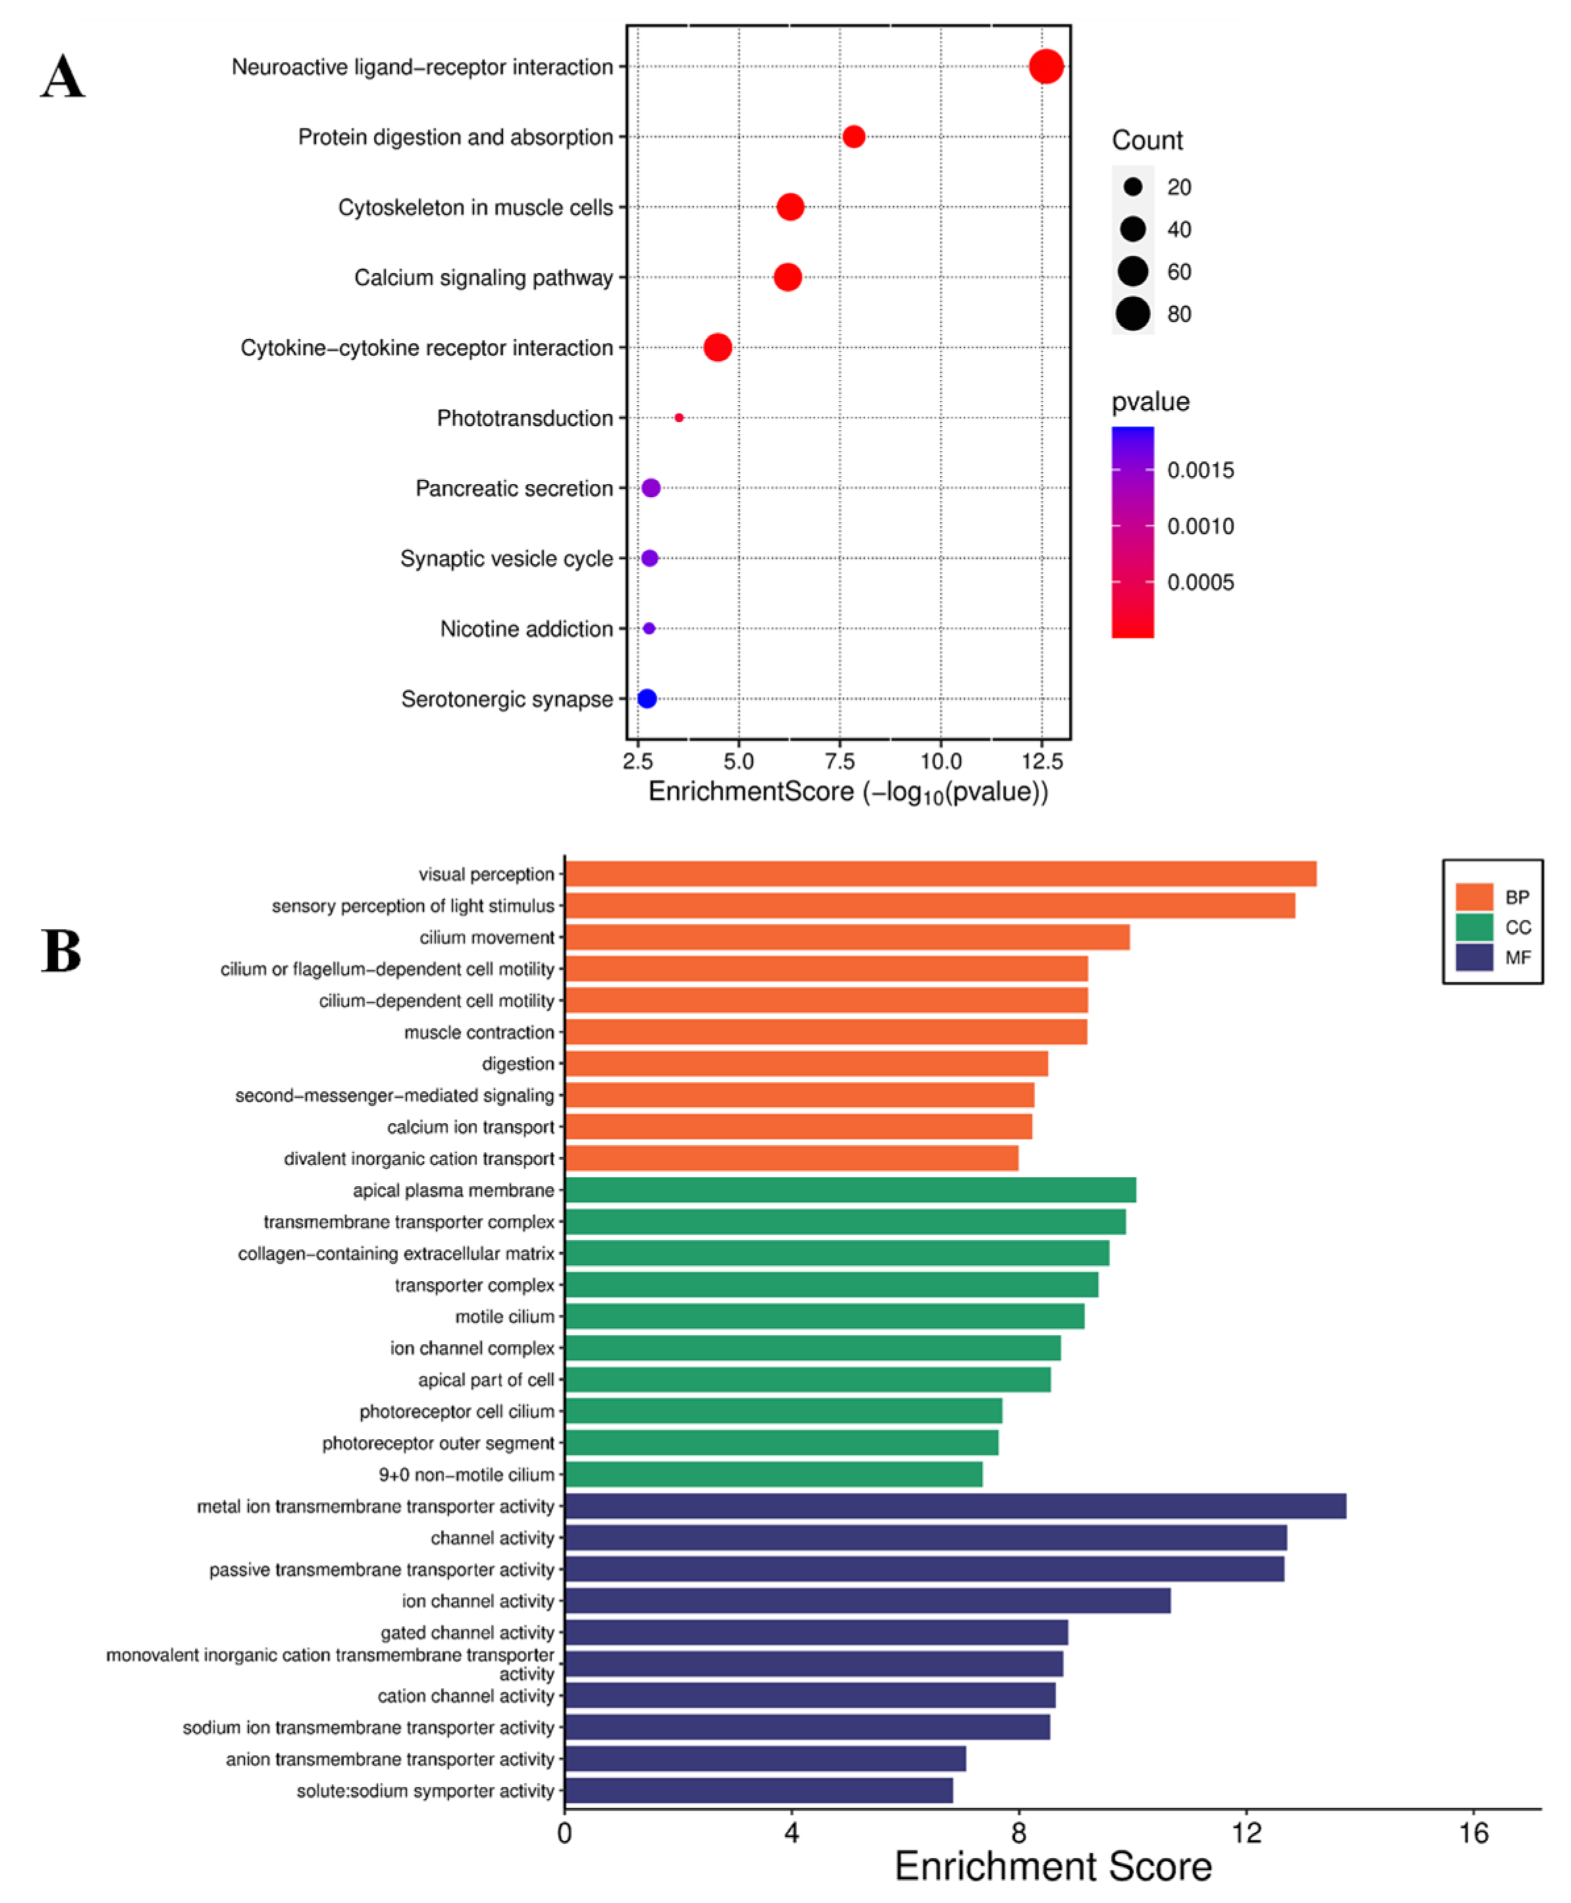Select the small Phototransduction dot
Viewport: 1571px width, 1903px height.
point(679,418)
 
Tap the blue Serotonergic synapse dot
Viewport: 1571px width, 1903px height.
point(646,698)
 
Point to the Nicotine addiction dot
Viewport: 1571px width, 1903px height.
point(649,628)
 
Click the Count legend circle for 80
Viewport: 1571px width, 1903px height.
point(1132,314)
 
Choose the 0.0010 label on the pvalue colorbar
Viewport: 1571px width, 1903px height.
point(1200,526)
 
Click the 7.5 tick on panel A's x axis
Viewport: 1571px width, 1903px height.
point(840,761)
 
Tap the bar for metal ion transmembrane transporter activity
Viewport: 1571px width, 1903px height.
point(955,1506)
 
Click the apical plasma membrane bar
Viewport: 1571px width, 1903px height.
point(850,1190)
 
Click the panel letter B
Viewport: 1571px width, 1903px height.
point(62,951)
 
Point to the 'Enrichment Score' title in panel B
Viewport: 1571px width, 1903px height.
point(1052,1867)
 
